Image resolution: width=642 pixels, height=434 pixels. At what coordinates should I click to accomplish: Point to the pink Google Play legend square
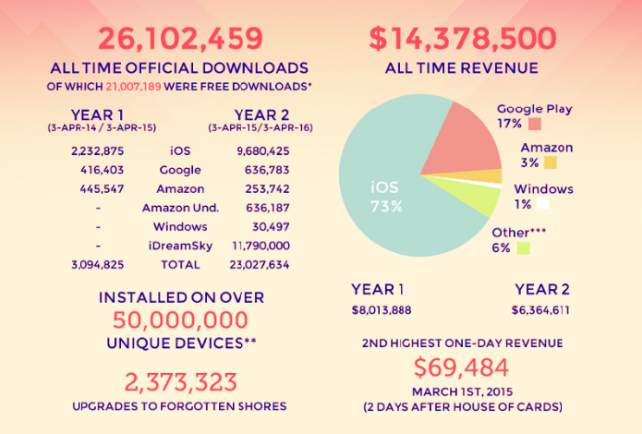click(x=535, y=124)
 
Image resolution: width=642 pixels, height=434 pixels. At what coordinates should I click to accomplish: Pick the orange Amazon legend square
click(x=550, y=162)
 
